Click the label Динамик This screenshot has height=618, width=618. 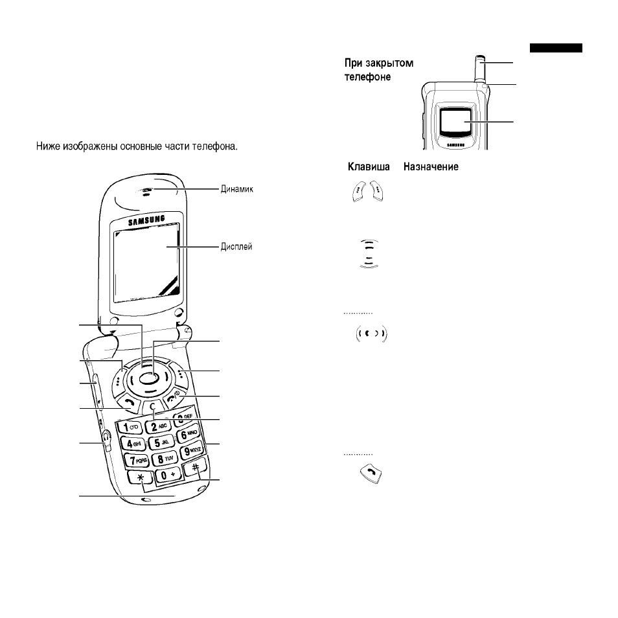tap(236, 189)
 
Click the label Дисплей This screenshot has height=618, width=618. tap(236, 247)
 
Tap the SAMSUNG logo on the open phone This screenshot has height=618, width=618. tap(146, 220)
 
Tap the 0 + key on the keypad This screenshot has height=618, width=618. tap(168, 475)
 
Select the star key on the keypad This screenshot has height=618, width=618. tap(141, 477)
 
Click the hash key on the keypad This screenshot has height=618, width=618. tap(196, 468)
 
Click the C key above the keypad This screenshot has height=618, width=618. tap(153, 407)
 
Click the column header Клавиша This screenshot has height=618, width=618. tap(369, 166)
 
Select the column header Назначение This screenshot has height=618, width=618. tap(431, 166)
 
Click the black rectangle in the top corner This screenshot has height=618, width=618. tap(556, 48)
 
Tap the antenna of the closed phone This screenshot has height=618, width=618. tap(480, 69)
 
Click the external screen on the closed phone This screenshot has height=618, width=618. tap(455, 121)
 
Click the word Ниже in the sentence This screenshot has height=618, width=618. tap(48, 146)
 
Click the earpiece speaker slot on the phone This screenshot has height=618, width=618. tap(146, 192)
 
